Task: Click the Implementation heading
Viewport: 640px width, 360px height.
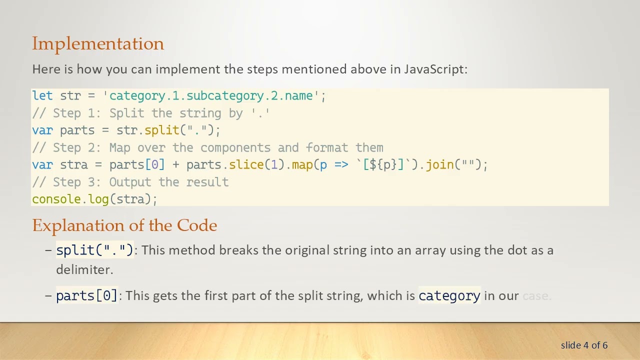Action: (98, 44)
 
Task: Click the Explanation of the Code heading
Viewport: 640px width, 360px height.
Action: (124, 225)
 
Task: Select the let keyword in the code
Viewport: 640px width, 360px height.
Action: (42, 96)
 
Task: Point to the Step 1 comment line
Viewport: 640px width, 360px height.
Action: (151, 113)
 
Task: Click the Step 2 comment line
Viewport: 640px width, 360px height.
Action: (207, 148)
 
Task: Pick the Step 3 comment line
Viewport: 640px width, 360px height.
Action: (130, 182)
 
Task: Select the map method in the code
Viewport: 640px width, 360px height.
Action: (302, 165)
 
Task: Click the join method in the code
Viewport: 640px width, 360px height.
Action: (439, 165)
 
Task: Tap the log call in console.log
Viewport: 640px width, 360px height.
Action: (98, 199)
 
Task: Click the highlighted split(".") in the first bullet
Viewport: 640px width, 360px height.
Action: (94, 250)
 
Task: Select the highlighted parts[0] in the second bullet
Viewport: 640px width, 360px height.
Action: (86, 296)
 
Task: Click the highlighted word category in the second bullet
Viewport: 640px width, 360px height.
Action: (449, 296)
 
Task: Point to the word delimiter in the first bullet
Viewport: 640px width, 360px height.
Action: (84, 269)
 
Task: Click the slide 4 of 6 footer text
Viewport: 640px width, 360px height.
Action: (584, 345)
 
